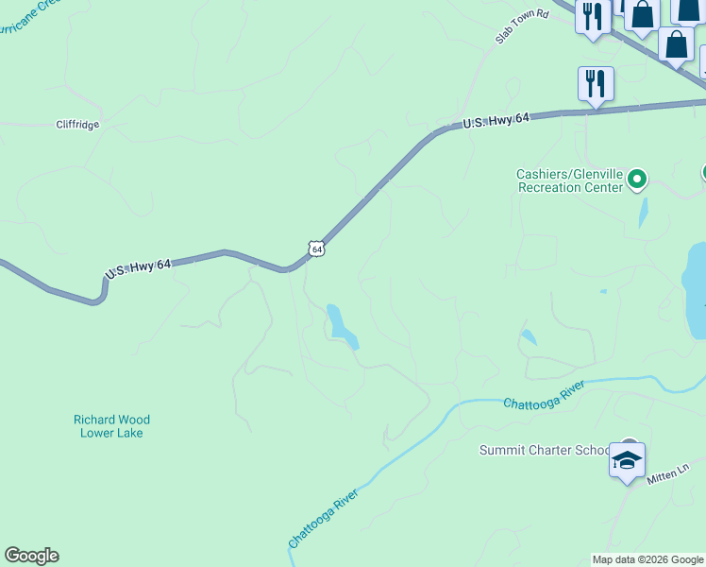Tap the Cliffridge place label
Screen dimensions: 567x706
[77, 124]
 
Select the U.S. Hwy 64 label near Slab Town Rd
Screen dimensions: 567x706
[497, 120]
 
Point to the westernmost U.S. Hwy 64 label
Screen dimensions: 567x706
[138, 269]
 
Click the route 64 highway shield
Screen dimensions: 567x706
[316, 249]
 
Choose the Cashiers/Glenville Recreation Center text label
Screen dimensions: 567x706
[570, 180]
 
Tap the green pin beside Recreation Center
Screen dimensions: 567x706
[637, 178]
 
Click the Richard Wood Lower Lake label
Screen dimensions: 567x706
[111, 426]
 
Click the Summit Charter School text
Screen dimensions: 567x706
[545, 450]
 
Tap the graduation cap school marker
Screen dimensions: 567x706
[627, 460]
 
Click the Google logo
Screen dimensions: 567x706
[31, 556]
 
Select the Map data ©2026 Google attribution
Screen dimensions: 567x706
[647, 559]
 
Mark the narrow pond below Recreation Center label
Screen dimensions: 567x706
[643, 212]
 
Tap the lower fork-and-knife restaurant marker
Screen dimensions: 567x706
[596, 84]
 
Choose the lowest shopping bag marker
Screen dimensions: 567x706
[676, 43]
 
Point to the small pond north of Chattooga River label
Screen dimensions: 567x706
[529, 336]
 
